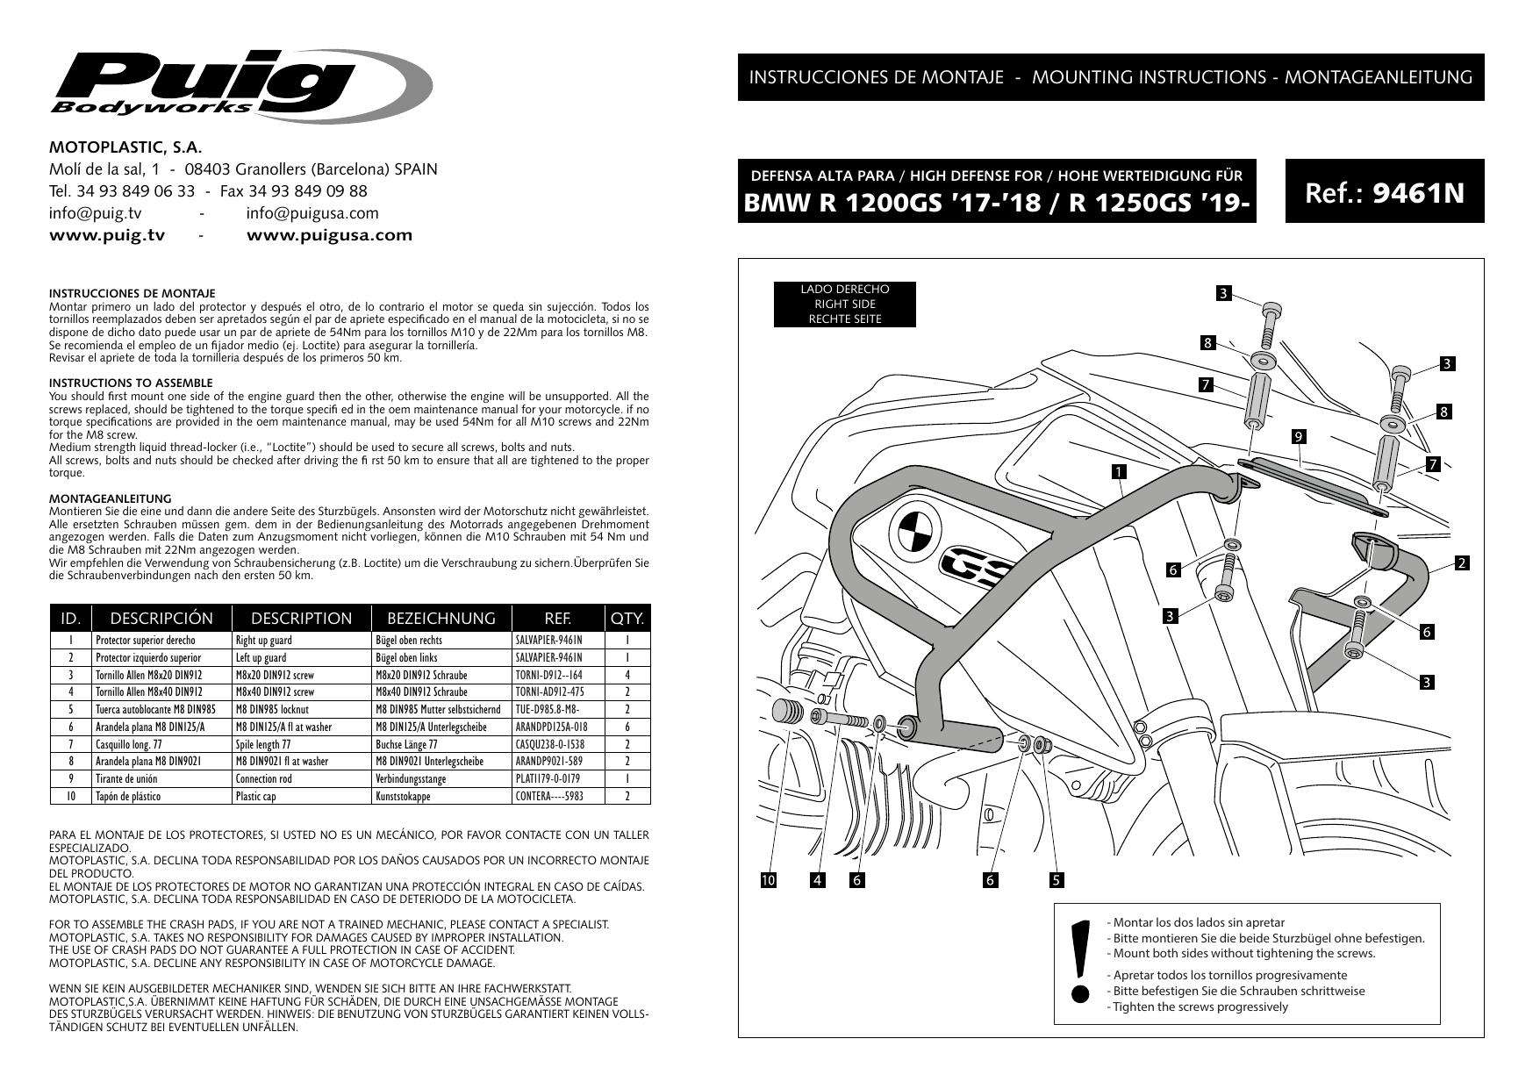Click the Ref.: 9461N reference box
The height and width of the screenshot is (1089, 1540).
click(x=1384, y=191)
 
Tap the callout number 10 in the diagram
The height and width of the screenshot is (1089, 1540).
click(x=769, y=880)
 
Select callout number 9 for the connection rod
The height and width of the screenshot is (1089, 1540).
click(x=1299, y=436)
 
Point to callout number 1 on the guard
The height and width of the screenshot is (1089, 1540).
click(x=1118, y=472)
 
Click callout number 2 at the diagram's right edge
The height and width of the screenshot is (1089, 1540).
click(x=1461, y=563)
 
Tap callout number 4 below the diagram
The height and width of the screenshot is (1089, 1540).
click(x=819, y=880)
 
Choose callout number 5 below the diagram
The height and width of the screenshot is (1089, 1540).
click(x=1057, y=880)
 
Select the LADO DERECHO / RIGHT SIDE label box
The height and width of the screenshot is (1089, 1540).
click(x=844, y=304)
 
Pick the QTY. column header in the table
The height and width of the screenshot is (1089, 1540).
click(x=627, y=618)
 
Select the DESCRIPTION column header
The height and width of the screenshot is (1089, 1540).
click(x=301, y=618)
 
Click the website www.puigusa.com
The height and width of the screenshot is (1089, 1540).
click(x=329, y=235)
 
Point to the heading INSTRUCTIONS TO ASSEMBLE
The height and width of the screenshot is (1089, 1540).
click(x=131, y=383)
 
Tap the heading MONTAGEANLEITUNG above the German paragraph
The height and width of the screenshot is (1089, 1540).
click(x=110, y=498)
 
